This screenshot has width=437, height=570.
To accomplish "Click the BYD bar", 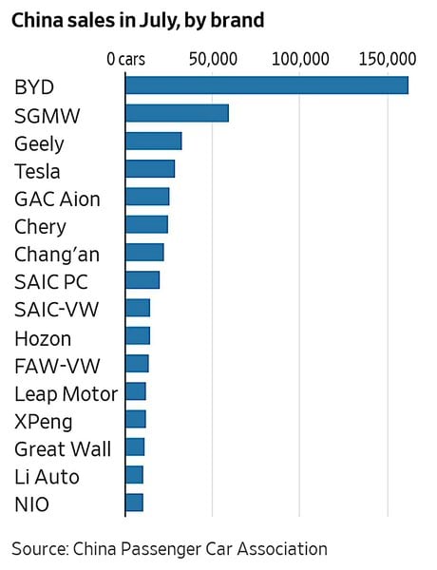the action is pyautogui.click(x=267, y=85).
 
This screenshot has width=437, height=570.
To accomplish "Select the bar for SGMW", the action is pyautogui.click(x=177, y=113).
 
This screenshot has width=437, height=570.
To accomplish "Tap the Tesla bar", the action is pyautogui.click(x=150, y=169).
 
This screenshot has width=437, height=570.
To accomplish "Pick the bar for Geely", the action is pyautogui.click(x=154, y=141).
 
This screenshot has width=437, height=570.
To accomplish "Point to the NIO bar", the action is pyautogui.click(x=135, y=503).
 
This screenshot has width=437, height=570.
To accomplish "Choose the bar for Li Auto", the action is pyautogui.click(x=135, y=475).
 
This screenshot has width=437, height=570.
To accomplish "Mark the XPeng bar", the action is pyautogui.click(x=136, y=419).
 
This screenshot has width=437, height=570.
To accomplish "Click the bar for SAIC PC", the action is pyautogui.click(x=142, y=280).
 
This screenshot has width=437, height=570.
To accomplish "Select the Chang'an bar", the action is pyautogui.click(x=144, y=253).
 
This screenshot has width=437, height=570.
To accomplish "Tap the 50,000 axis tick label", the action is pyautogui.click(x=213, y=59).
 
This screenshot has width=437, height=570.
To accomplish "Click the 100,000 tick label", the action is pyautogui.click(x=300, y=59).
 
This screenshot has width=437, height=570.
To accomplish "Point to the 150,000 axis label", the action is pyautogui.click(x=388, y=59).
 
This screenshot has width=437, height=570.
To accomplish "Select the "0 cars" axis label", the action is pyautogui.click(x=125, y=59).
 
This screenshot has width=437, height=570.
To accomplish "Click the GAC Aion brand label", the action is pyautogui.click(x=57, y=199).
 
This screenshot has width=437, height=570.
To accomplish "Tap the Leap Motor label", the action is pyautogui.click(x=66, y=394).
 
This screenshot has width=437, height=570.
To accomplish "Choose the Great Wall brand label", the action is pyautogui.click(x=63, y=449).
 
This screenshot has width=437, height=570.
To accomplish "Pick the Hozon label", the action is pyautogui.click(x=43, y=339).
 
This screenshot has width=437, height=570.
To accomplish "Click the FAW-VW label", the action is pyautogui.click(x=57, y=366).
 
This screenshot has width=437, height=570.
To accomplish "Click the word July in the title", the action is pyautogui.click(x=160, y=21).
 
